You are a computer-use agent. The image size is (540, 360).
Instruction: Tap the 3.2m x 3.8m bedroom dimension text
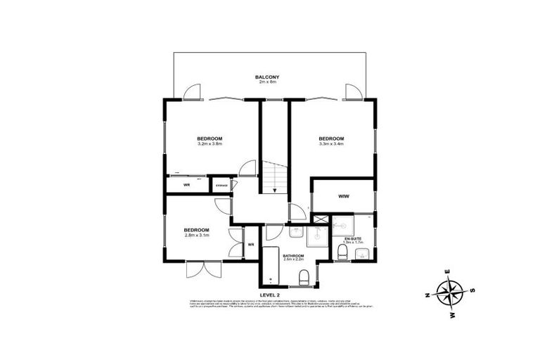point(210,144)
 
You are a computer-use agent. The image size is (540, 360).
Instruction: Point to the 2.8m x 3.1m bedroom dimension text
point(197,236)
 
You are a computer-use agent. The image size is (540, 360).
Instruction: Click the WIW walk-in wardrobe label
point(344,196)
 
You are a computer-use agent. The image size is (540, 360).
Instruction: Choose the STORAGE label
point(221,185)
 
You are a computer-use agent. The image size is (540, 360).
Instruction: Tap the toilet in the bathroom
point(303,281)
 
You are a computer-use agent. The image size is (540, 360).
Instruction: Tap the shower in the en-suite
point(343,224)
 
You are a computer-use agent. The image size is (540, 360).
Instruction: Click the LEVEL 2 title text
point(270,295)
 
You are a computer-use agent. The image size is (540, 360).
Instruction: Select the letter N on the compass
point(427,296)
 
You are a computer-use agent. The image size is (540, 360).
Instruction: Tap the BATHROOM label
point(293,255)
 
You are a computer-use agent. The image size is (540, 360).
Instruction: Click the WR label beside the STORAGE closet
point(187,185)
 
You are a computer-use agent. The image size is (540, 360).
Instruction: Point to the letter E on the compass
point(447,271)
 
